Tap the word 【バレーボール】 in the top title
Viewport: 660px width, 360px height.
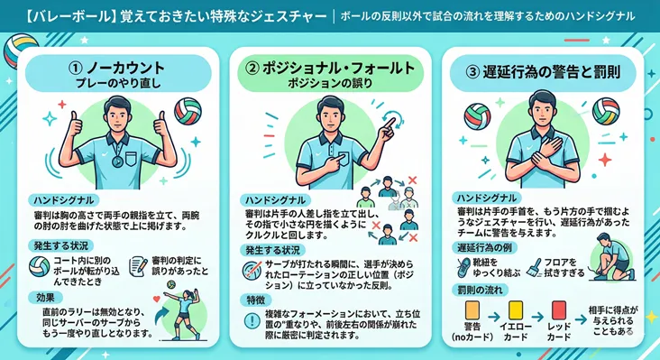[x=57, y=15]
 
